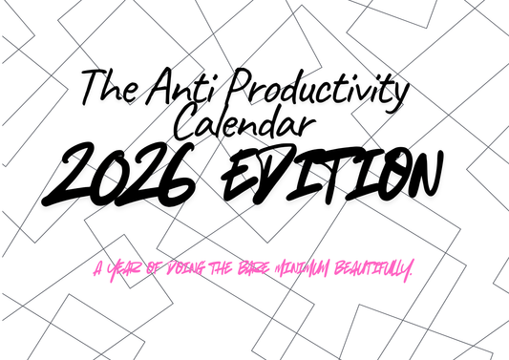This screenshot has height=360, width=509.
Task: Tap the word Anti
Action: point(174,90)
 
